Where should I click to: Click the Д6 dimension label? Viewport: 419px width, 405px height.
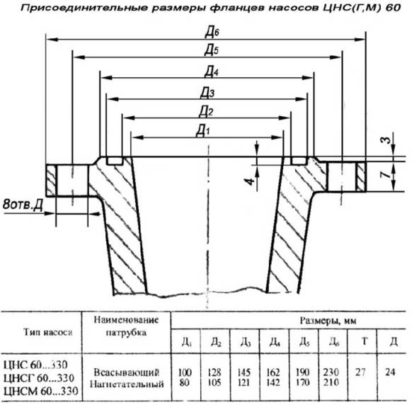[212, 33]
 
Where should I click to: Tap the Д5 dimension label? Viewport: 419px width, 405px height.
[212, 50]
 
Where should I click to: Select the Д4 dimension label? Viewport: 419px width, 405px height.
[211, 72]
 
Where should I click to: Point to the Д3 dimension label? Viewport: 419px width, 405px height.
[207, 93]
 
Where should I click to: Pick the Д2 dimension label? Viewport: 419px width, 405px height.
[206, 112]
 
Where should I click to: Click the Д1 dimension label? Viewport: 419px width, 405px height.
[203, 131]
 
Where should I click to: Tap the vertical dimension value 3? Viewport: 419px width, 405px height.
[386, 139]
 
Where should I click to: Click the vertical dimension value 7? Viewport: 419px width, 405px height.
[386, 175]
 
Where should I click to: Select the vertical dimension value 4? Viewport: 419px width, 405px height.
[250, 182]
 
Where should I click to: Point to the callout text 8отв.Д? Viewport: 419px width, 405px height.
[23, 205]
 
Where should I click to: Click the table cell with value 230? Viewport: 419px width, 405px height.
[331, 372]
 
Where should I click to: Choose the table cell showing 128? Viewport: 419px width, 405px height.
[214, 372]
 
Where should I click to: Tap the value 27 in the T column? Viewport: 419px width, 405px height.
[360, 372]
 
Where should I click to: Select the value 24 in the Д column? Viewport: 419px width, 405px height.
[390, 372]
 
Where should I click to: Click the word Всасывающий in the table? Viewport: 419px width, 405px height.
[127, 372]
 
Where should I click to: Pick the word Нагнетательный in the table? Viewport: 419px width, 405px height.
[127, 384]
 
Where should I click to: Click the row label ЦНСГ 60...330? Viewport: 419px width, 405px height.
[39, 378]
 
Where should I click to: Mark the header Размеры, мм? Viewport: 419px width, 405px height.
[328, 321]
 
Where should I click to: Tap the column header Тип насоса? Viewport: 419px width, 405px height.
[48, 332]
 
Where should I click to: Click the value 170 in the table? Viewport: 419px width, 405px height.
[302, 382]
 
